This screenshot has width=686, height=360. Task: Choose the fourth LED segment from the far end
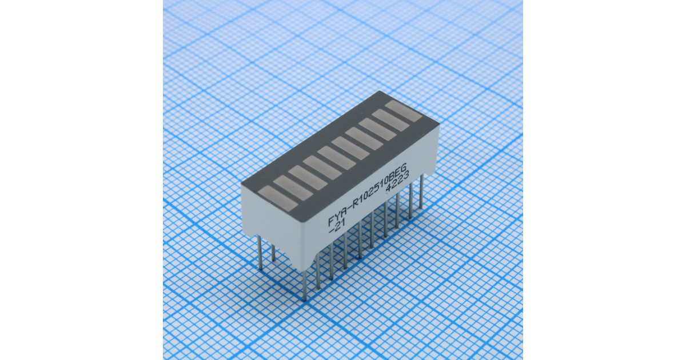coord(365,138)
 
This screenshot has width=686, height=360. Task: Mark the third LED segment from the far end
coord(378,129)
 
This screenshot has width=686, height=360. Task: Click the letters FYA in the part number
coord(338,218)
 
